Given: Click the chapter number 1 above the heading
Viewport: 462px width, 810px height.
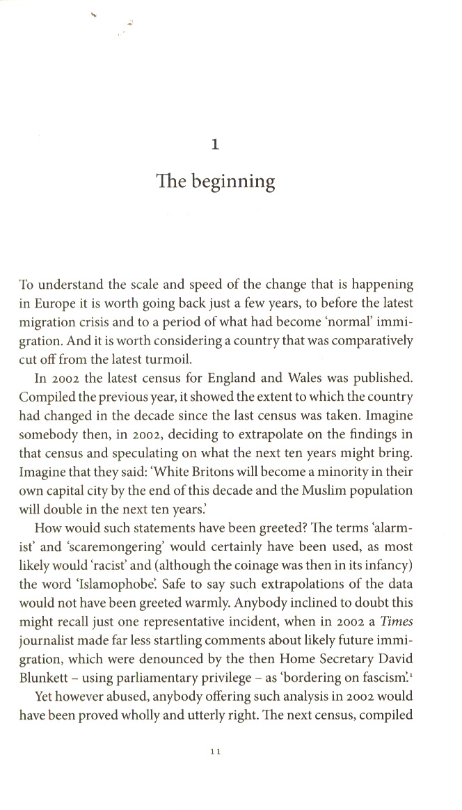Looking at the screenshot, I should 215,145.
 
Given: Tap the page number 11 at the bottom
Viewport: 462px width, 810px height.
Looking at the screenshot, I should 215,751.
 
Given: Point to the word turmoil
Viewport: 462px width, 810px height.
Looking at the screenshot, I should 165,360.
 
